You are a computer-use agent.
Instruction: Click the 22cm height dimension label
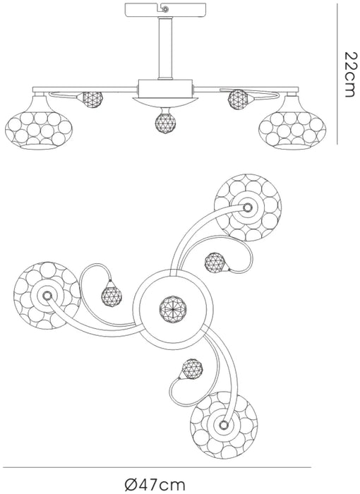351,75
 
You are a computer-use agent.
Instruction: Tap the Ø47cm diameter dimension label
155,484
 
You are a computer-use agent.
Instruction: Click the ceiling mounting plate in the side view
165,10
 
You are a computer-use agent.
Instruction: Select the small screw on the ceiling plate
165,9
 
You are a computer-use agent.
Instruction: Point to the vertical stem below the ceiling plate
165,48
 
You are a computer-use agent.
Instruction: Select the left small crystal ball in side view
92,100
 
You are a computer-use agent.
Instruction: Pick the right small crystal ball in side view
237,100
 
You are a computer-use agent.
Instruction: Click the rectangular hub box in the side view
165,88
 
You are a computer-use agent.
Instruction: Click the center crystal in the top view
173,309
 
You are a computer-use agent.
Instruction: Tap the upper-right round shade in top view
248,207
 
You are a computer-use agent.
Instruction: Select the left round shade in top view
47,295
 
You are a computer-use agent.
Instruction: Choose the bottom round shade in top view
224,425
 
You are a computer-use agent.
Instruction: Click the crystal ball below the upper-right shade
215,262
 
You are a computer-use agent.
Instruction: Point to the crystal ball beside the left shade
112,297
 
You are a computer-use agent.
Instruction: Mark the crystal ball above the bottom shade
192,368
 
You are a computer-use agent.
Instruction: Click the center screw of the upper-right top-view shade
247,207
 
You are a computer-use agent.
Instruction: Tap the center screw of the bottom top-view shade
224,425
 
